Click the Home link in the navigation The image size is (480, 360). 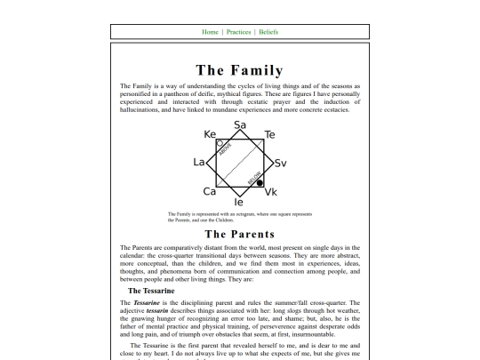[210, 32]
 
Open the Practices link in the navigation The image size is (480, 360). [238, 32]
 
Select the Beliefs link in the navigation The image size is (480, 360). [268, 32]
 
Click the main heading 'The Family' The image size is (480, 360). [240, 70]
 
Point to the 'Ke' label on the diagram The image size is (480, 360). [211, 135]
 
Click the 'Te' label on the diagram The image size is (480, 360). [270, 135]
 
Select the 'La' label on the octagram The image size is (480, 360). [199, 163]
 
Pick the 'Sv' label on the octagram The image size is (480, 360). [280, 164]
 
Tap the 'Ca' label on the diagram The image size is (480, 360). [210, 191]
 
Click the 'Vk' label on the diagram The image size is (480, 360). [271, 192]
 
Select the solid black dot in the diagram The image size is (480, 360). [260, 183]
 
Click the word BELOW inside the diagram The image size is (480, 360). [253, 176]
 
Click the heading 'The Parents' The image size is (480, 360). [240, 234]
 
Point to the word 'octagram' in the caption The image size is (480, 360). [256, 214]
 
